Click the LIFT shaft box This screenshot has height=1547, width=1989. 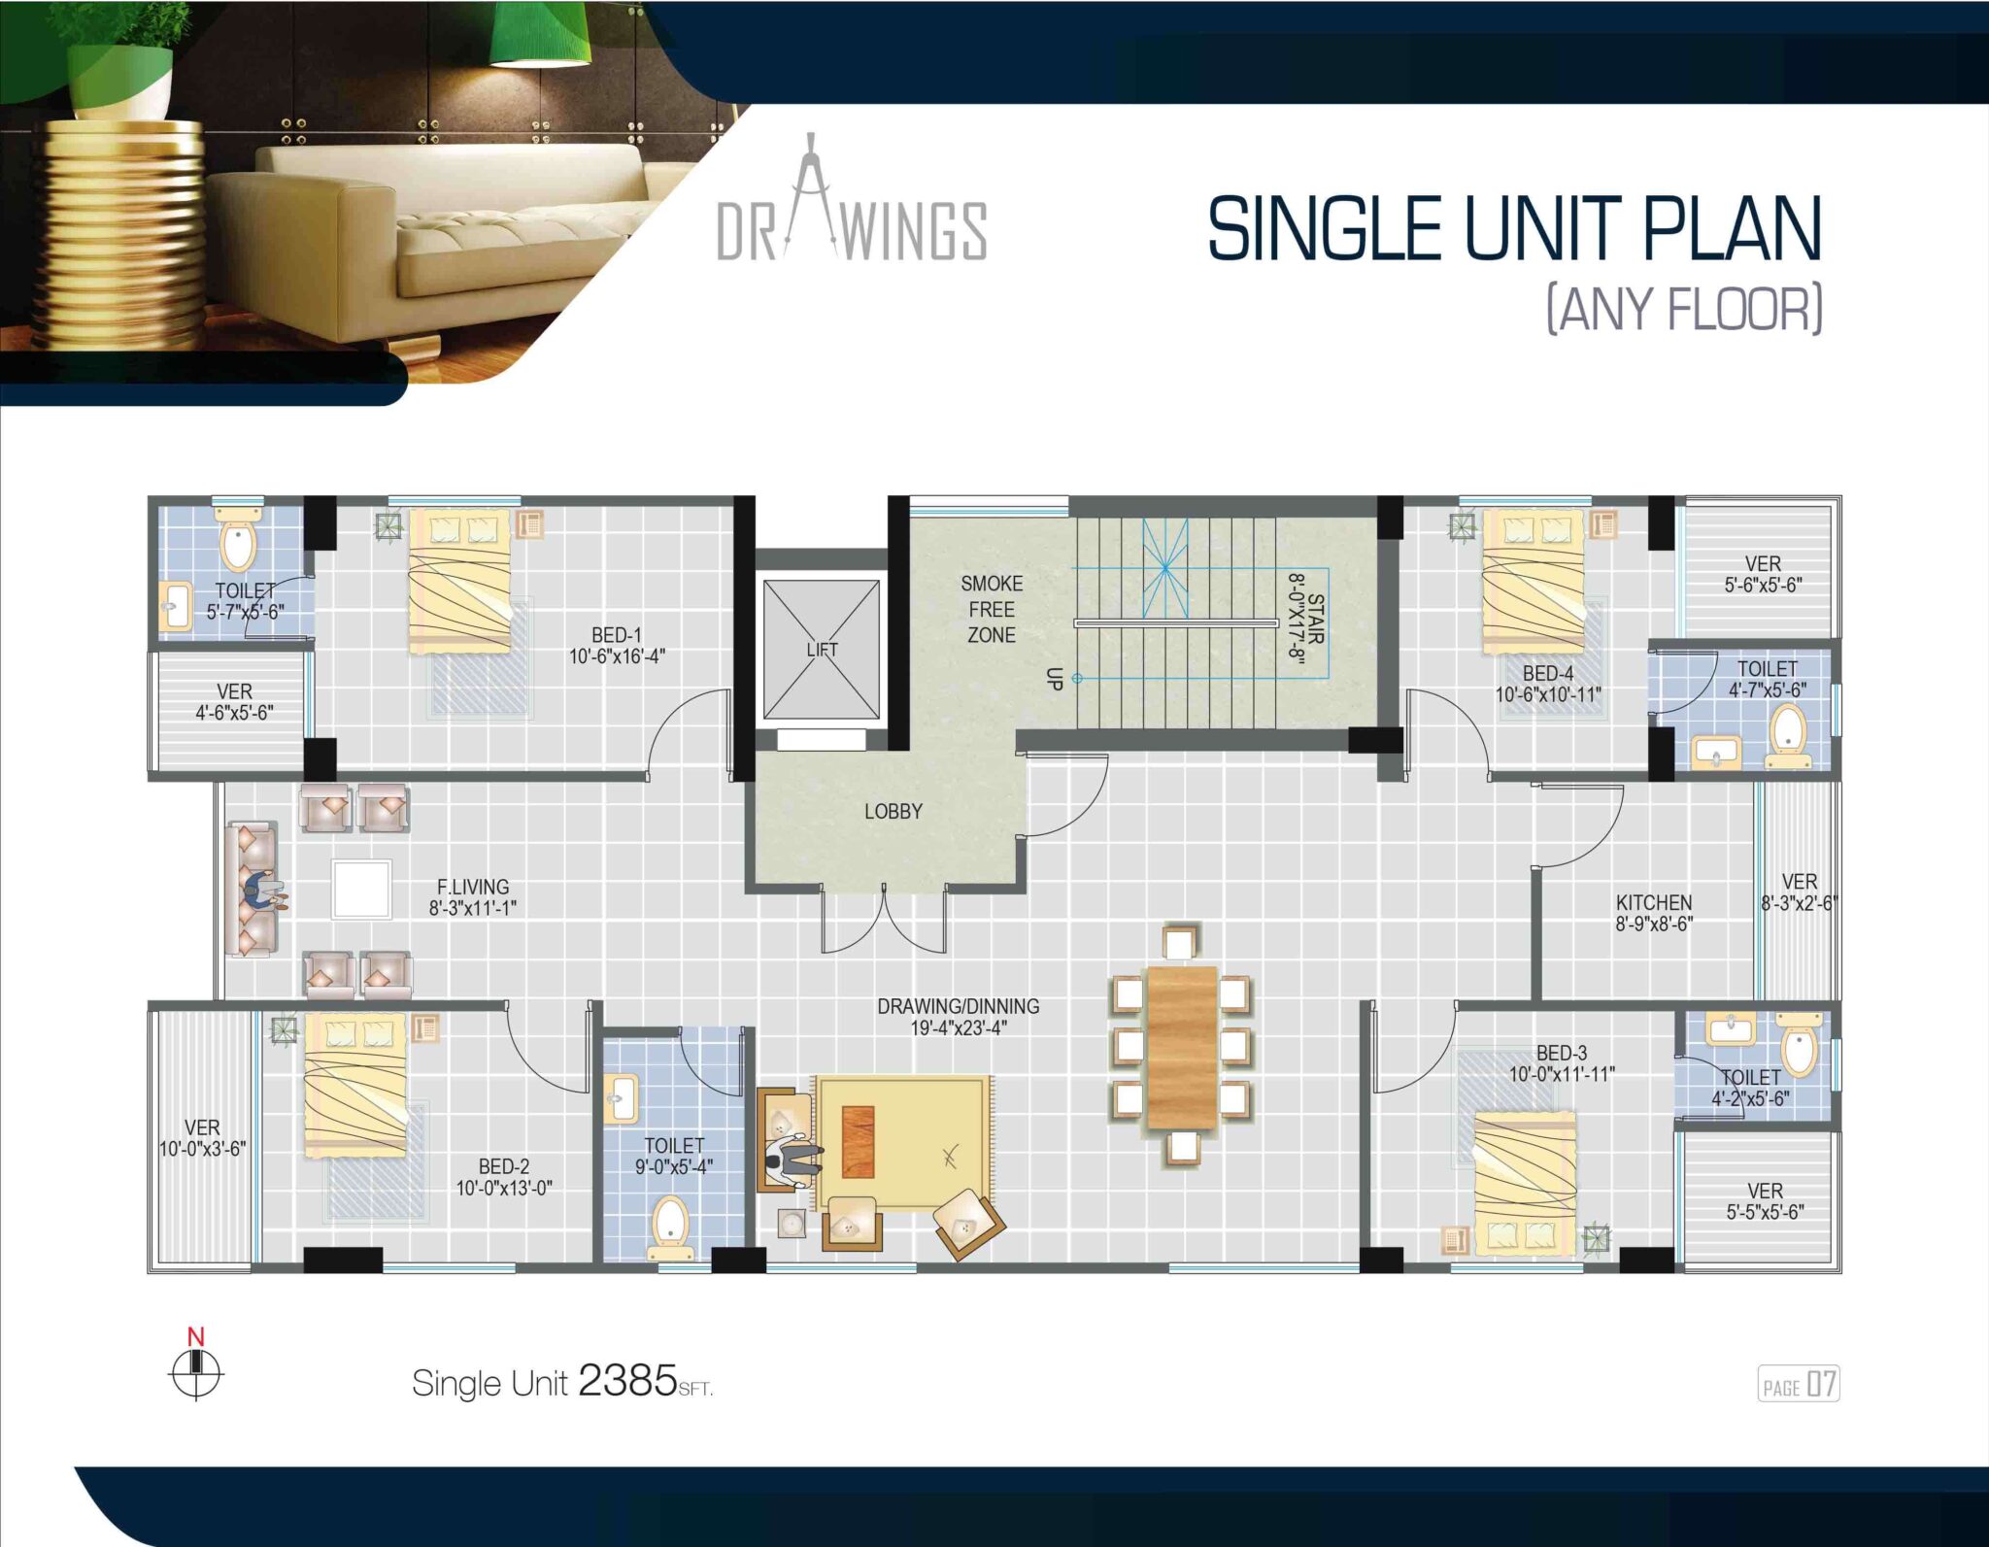pos(822,650)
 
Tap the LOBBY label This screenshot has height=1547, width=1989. pos(893,811)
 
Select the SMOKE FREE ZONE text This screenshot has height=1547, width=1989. pos(992,609)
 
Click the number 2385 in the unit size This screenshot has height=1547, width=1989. pos(627,1380)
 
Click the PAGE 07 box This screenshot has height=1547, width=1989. pos(1799,1385)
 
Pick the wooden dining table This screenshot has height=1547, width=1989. pos(1182,1047)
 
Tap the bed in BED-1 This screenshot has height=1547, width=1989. pos(459,581)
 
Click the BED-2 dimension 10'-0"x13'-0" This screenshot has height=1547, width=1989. pos(504,1188)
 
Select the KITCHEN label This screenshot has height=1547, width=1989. pos(1654,902)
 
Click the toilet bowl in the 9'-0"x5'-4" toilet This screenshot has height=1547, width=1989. pos(669,1221)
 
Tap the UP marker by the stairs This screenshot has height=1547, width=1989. pos(1055,678)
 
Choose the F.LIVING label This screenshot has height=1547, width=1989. pos(473,887)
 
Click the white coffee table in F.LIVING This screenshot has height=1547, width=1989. pos(361,889)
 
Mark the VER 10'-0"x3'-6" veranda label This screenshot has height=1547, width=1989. pos(202,1138)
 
